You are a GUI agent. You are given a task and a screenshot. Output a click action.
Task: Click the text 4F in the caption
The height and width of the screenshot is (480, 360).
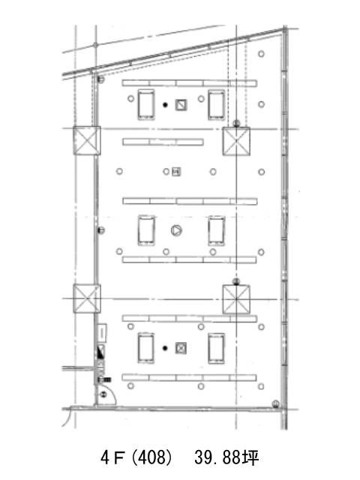coord(112,457)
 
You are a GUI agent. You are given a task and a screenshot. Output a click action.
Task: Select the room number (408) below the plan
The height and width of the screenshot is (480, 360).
coord(151,457)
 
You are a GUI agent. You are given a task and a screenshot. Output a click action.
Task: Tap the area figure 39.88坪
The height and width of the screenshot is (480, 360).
coord(226,457)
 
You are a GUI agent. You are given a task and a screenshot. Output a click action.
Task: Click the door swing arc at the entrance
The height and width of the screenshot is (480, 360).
coord(112,395)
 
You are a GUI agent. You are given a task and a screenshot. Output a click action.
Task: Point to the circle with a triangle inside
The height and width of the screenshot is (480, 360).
coord(176,230)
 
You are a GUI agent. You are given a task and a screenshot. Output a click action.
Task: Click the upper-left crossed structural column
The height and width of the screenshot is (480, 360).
coord(87,140)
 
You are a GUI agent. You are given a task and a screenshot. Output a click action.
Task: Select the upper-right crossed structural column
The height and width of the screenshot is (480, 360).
coord(236,141)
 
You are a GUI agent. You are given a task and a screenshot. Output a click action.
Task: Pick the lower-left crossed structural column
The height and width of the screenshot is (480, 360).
coord(87,298)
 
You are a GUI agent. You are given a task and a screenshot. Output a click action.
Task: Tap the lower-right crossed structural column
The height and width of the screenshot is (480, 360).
coord(236,299)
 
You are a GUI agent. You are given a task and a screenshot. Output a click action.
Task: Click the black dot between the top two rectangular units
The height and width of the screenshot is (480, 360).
coord(165,105)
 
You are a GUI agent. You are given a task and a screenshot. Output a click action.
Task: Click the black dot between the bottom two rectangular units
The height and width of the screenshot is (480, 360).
coord(165,348)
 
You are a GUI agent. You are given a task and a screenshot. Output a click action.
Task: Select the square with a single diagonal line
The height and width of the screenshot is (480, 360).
coord(181,105)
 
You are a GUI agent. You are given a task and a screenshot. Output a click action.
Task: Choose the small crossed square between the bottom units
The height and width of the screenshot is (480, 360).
coord(181,348)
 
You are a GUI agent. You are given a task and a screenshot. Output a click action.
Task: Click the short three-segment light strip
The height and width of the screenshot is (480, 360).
coord(163,142)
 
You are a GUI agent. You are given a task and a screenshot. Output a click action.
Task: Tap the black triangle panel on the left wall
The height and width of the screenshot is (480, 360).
coord(100,352)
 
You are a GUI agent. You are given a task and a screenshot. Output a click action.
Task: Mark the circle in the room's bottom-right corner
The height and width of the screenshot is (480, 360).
coord(275,403)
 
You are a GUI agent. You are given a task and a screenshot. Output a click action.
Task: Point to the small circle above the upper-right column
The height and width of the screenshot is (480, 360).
coord(236,124)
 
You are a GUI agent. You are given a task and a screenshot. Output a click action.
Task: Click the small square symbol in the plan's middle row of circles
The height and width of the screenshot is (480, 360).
coord(176,172)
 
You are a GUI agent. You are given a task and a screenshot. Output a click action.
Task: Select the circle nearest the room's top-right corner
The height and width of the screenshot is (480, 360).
coord(261,54)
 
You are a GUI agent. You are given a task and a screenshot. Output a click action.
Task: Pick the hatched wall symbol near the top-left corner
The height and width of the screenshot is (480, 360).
coord(100,79)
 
